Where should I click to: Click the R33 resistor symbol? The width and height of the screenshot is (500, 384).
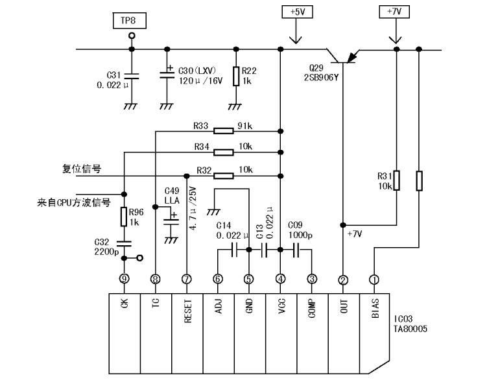tap(224, 130)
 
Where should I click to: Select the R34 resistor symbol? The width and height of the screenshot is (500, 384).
tap(224, 152)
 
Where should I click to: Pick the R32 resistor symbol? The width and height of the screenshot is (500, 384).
tap(224, 175)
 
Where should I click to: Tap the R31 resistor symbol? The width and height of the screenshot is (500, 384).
tap(396, 181)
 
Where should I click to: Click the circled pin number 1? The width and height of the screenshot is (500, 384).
tap(374, 280)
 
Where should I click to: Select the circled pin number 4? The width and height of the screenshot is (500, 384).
tap(280, 280)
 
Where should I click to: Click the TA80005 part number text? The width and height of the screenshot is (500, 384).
tap(411, 329)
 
